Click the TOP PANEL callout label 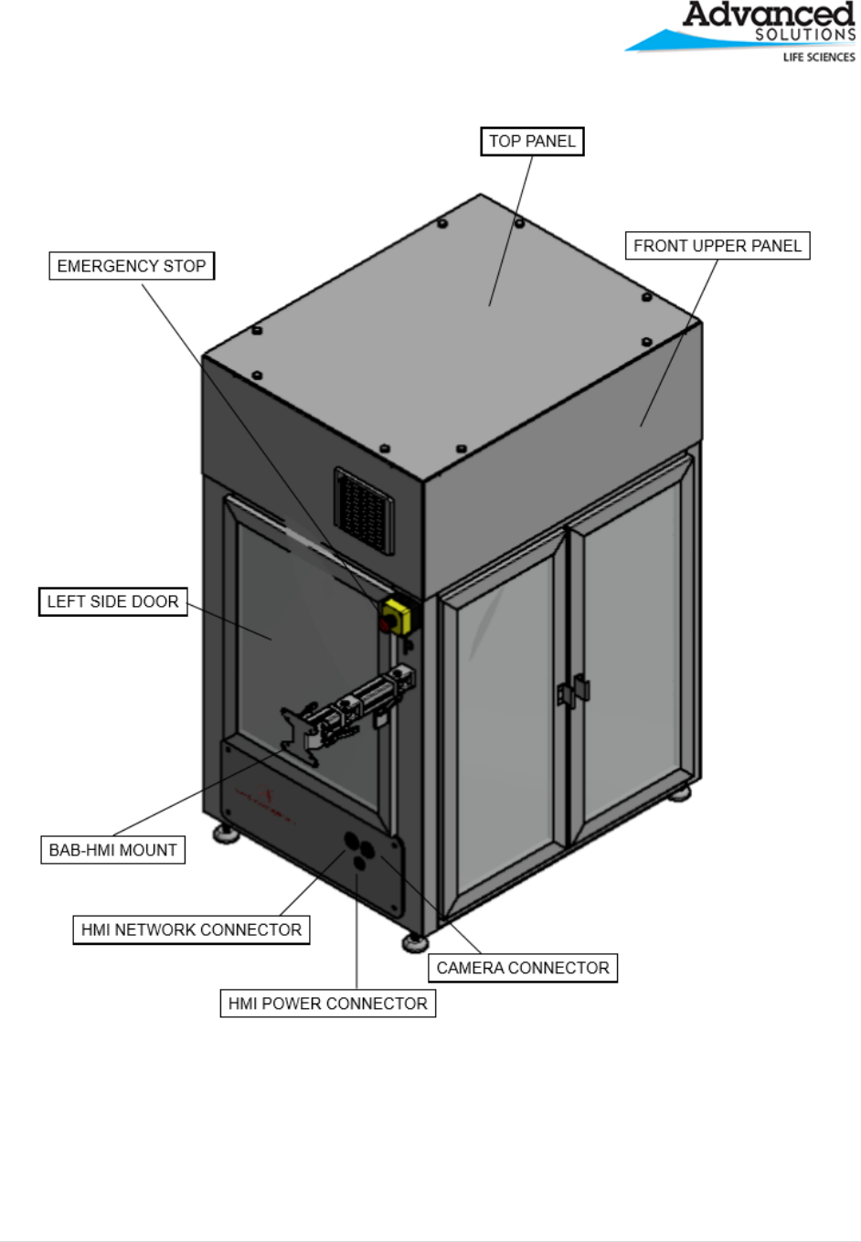click(x=532, y=142)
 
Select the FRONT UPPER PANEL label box click(x=717, y=246)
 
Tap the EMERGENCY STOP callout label click(x=132, y=266)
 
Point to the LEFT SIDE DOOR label click(x=112, y=601)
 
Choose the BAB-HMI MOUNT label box click(x=112, y=850)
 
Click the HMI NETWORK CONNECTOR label click(x=191, y=930)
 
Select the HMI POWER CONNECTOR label click(x=327, y=1003)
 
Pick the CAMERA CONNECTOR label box click(x=523, y=968)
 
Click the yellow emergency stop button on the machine click(x=397, y=615)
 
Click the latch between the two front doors click(x=573, y=694)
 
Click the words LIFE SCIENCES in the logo click(x=819, y=58)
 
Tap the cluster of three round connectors click(x=360, y=848)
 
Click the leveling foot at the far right click(x=679, y=791)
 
